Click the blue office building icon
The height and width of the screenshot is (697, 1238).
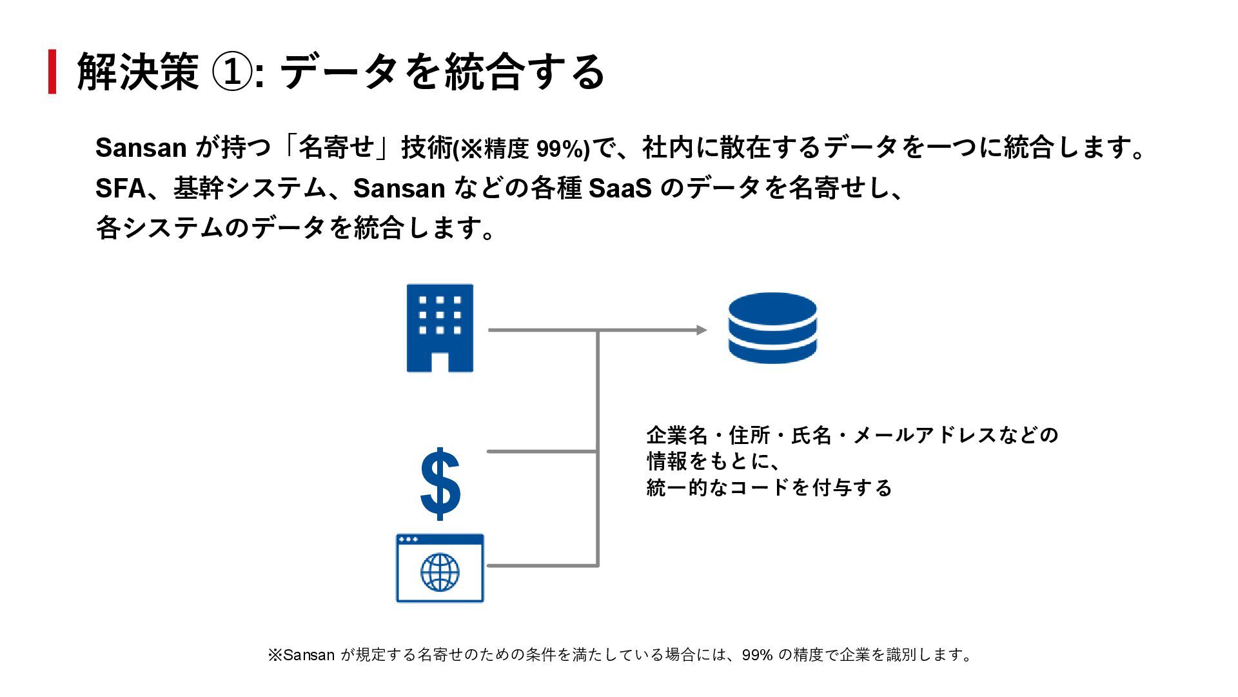tap(440, 328)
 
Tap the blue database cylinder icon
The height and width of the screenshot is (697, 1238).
tap(772, 328)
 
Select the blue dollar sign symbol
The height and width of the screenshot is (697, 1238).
tap(440, 484)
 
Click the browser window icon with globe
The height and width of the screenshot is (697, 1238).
tap(440, 568)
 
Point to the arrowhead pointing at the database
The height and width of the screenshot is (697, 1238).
tap(702, 330)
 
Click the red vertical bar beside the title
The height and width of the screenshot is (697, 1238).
tap(52, 72)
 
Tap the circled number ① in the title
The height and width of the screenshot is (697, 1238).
tap(232, 72)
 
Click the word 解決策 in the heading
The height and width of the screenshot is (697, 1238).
tap(137, 72)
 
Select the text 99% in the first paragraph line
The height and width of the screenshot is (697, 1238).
tap(559, 149)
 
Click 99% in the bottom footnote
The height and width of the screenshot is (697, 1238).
tap(757, 655)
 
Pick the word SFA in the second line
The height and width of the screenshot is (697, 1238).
tap(121, 188)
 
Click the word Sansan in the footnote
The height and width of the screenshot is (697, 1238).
tap(309, 655)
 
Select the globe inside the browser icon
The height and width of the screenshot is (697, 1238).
tap(440, 572)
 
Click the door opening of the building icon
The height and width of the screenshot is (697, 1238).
tap(440, 362)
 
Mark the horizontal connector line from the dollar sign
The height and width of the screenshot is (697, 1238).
tap(542, 451)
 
